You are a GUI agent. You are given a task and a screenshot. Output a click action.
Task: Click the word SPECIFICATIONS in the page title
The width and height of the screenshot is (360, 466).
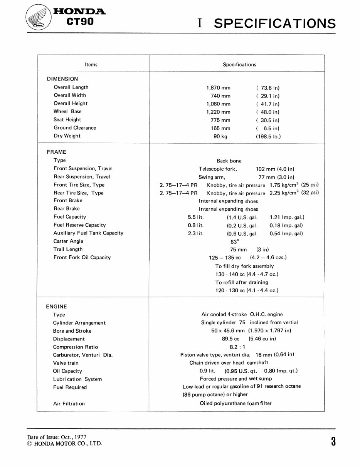coord(274,23)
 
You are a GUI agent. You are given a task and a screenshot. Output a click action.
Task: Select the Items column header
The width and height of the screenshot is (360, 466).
coord(91,65)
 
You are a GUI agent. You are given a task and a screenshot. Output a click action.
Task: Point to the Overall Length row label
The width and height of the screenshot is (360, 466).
coord(71,87)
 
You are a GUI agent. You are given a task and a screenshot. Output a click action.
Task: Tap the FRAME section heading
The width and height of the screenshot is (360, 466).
coord(56,152)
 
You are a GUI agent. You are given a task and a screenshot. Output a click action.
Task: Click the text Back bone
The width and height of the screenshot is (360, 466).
coord(229,161)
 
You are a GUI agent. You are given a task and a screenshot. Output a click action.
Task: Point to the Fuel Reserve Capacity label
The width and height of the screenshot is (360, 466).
coord(79,225)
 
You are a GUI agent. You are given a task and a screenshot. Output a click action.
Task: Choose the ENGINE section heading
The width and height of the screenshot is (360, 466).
coord(56,307)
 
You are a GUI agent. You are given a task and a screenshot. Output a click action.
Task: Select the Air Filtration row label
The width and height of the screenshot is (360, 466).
coord(69,404)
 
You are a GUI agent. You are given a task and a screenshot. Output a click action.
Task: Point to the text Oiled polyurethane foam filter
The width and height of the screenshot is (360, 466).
coord(236,403)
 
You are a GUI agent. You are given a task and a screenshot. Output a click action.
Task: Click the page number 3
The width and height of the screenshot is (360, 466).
coord(333,441)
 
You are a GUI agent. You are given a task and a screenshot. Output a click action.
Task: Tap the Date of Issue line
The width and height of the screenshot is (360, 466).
coord(57,438)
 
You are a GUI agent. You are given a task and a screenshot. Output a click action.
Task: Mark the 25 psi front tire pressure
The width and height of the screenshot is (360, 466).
coord(310,184)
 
